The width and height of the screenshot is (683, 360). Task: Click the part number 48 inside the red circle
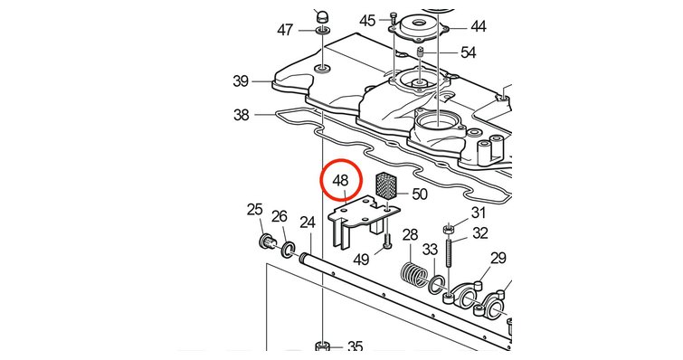(x=341, y=180)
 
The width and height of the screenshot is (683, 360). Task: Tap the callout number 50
(x=420, y=194)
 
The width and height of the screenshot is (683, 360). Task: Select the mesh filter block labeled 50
(x=384, y=185)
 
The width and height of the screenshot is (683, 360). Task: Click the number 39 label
(x=241, y=81)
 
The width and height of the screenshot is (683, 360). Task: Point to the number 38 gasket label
(x=241, y=116)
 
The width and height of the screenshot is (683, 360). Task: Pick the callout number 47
(x=285, y=31)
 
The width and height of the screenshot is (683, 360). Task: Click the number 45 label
(x=367, y=21)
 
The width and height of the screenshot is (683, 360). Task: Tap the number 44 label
(x=479, y=27)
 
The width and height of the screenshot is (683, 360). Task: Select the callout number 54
(x=469, y=53)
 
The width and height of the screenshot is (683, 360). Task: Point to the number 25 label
(x=255, y=210)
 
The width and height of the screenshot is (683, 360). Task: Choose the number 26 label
(x=280, y=216)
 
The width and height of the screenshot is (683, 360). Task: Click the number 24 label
(x=308, y=223)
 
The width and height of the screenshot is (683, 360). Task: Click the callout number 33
(x=430, y=250)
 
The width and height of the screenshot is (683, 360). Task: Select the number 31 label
(x=479, y=213)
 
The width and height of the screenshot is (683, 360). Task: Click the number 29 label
(x=498, y=258)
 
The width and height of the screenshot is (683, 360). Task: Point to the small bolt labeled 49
(x=387, y=242)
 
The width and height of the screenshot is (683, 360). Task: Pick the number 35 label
(x=355, y=347)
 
